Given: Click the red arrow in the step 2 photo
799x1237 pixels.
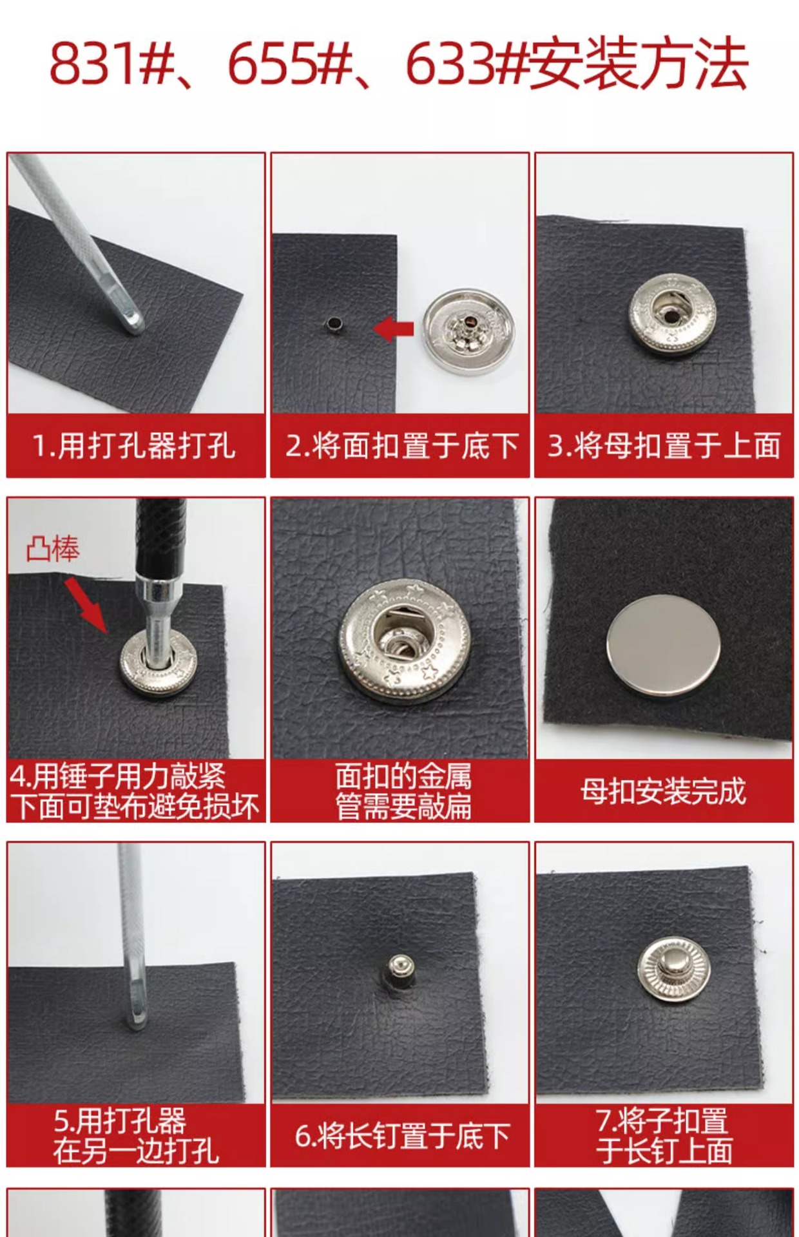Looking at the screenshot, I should pyautogui.click(x=393, y=329).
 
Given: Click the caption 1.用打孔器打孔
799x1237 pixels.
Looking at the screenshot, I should pyautogui.click(x=135, y=446).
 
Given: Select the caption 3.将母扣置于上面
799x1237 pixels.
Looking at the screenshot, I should pyautogui.click(x=664, y=446).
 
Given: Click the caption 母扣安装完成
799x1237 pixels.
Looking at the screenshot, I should pyautogui.click(x=663, y=791).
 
